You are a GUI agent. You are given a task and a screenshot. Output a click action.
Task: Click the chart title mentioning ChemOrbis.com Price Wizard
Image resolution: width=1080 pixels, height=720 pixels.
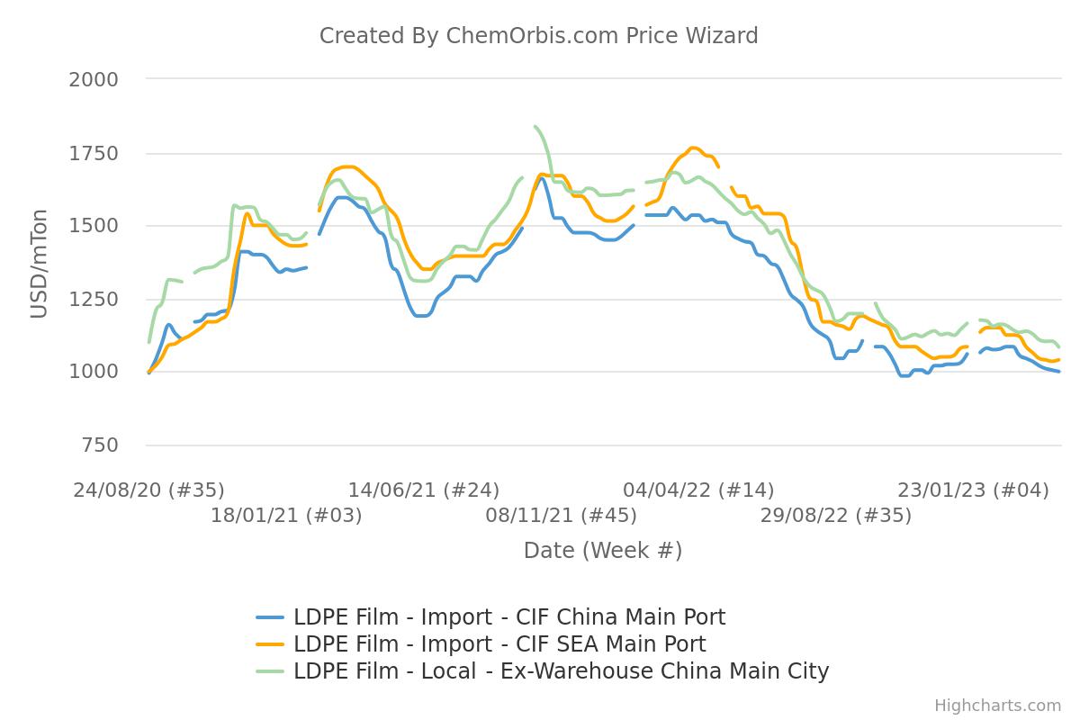pyautogui.click(x=538, y=36)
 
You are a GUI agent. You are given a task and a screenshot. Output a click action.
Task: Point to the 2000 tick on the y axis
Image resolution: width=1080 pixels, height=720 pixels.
pyautogui.click(x=94, y=79)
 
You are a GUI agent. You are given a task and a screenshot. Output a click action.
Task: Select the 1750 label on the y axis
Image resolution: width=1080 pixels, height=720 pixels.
pyautogui.click(x=94, y=153)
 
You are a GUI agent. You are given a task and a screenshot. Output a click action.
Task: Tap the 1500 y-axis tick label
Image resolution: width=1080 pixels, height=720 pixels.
pyautogui.click(x=94, y=226)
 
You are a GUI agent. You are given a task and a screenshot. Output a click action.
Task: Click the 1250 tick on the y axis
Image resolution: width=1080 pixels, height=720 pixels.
pyautogui.click(x=94, y=300)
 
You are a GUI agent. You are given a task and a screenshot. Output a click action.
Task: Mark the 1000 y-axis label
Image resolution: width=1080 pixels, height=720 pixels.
pyautogui.click(x=94, y=373)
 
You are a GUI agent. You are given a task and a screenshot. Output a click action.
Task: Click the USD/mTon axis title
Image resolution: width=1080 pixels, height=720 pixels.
pyautogui.click(x=39, y=262)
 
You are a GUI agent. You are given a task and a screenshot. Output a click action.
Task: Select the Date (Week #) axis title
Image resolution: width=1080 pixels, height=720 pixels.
pyautogui.click(x=603, y=550)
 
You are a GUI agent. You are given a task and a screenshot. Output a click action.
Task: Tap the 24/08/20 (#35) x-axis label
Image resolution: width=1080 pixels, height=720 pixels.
pyautogui.click(x=149, y=490)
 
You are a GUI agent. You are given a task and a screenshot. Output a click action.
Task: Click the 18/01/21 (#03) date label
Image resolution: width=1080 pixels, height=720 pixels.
pyautogui.click(x=286, y=516)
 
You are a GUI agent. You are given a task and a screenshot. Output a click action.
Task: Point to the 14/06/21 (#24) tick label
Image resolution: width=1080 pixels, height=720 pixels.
pyautogui.click(x=424, y=490)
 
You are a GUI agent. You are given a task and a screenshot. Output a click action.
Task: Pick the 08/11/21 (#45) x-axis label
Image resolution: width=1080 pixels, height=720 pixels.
pyautogui.click(x=561, y=516)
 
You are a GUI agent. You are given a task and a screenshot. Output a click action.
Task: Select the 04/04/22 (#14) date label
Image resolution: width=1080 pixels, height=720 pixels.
pyautogui.click(x=698, y=490)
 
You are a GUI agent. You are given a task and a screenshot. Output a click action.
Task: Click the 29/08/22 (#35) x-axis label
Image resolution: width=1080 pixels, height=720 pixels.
pyautogui.click(x=835, y=516)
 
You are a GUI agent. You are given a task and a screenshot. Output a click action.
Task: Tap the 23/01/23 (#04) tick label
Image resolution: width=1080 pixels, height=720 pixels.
pyautogui.click(x=973, y=490)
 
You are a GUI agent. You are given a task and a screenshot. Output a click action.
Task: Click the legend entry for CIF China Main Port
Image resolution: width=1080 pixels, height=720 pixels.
pyautogui.click(x=508, y=617)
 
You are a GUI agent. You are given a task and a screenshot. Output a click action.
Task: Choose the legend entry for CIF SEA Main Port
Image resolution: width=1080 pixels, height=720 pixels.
pyautogui.click(x=499, y=644)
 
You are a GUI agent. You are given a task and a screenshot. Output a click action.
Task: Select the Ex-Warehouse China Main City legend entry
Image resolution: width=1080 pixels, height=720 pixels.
pyautogui.click(x=560, y=671)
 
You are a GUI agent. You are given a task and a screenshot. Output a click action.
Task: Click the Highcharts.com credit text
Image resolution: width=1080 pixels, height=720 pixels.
pyautogui.click(x=997, y=706)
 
